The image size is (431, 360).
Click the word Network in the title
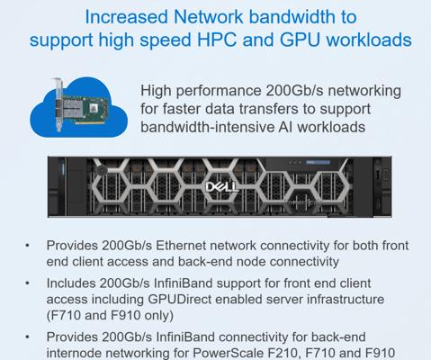208,17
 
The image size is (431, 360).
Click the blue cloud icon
78,107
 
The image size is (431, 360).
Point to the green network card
81,106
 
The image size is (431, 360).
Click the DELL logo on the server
221,187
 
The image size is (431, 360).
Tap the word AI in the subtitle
285,127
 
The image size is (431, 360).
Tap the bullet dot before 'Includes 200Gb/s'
27,283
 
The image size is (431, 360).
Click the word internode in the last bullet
72,353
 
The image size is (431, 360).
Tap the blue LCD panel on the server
318,162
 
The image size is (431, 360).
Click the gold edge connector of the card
90,122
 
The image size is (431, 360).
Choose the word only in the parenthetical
157,316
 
